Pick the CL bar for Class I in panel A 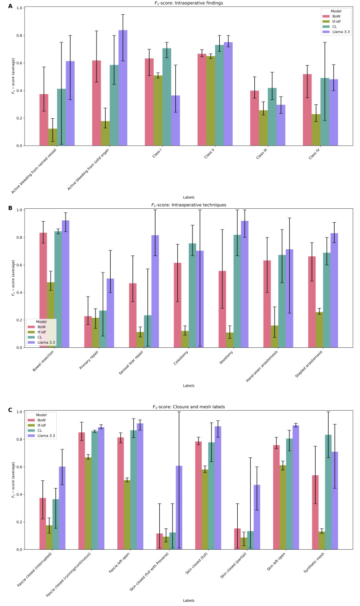click(x=166, y=97)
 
